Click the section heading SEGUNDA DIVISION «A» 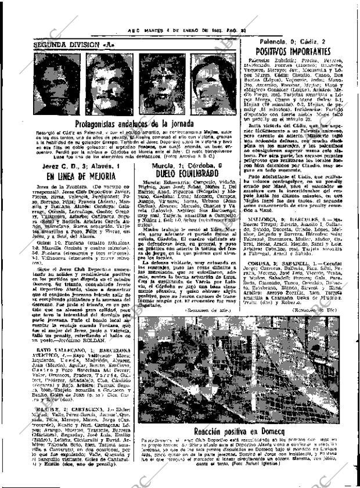66,44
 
